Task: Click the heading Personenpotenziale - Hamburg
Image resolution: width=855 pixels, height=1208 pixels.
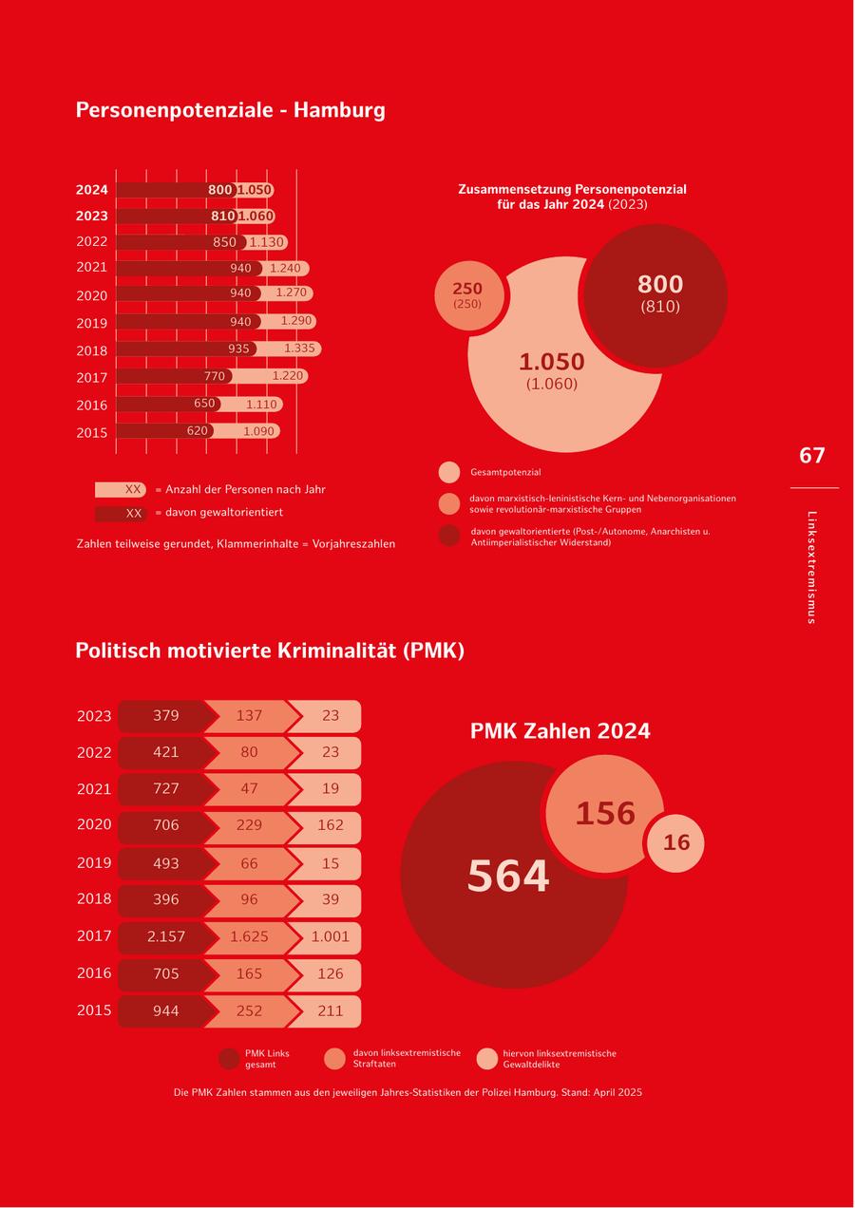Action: [230, 110]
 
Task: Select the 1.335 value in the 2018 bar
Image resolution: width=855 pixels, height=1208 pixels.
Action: [299, 349]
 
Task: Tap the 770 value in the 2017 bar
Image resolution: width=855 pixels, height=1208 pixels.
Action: [215, 376]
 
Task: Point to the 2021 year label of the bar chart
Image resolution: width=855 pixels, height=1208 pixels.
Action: [92, 268]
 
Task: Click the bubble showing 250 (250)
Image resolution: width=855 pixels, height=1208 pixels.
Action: [467, 294]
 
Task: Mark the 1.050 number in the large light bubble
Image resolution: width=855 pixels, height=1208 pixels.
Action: [552, 362]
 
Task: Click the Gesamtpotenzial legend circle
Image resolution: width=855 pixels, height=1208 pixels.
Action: [449, 472]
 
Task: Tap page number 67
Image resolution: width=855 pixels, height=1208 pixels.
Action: [812, 456]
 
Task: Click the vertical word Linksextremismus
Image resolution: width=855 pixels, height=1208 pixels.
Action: [811, 567]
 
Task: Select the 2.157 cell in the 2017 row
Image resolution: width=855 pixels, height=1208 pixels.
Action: [166, 936]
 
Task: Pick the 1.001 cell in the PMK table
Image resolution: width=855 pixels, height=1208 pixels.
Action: [331, 936]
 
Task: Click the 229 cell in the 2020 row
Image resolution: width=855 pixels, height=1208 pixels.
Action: [249, 825]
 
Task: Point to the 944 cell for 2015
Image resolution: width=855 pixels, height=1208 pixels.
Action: [166, 1011]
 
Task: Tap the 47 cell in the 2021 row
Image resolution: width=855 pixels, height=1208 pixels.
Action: [249, 788]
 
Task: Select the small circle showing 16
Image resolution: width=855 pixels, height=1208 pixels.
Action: [676, 842]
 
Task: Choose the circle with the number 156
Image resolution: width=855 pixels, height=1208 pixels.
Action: [605, 814]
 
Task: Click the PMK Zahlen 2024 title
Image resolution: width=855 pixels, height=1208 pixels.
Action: [560, 731]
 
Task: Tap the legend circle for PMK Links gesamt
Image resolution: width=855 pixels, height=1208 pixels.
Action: [229, 1059]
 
